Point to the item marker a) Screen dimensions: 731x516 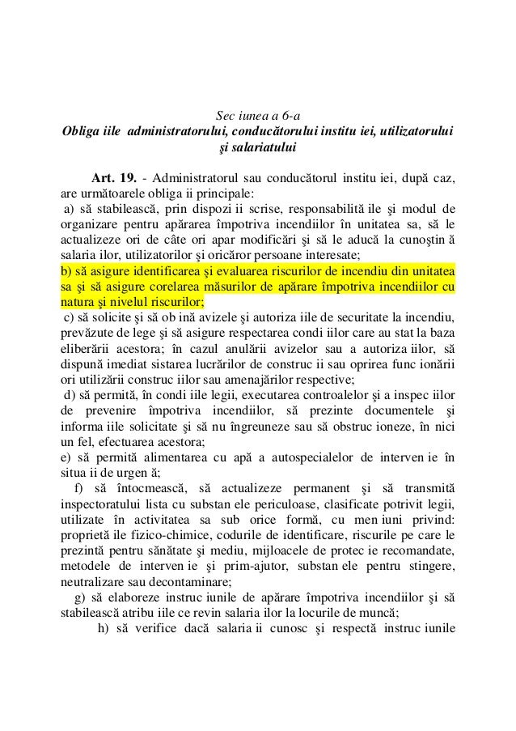click(x=72, y=210)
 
